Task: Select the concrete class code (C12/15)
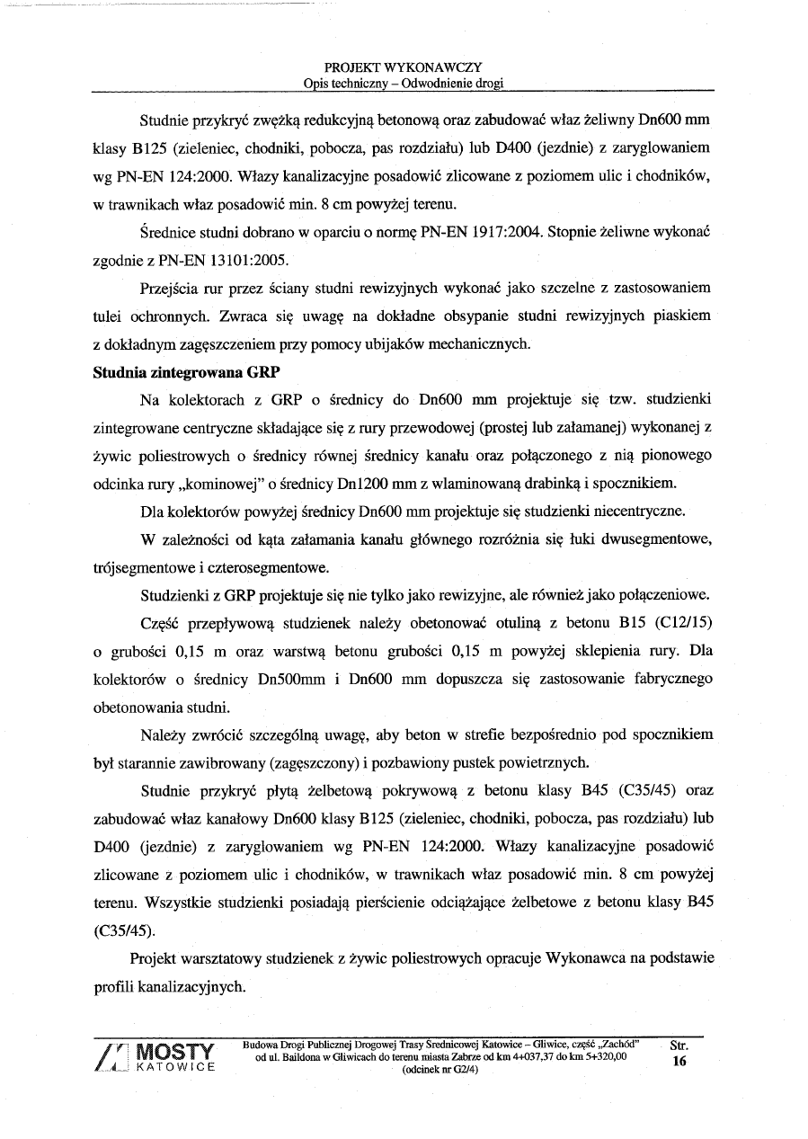[x=681, y=622]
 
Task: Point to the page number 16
[x=679, y=1062]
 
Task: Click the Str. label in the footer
[x=679, y=1046]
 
